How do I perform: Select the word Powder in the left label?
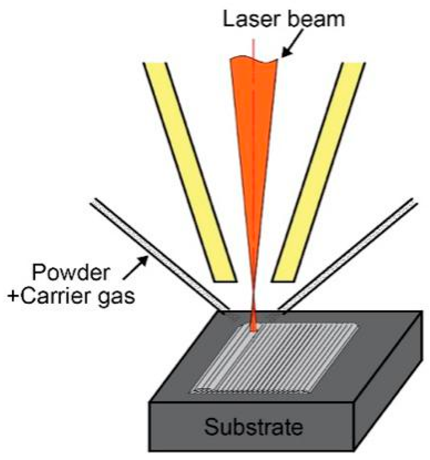[x=71, y=274]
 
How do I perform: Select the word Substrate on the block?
[x=253, y=427]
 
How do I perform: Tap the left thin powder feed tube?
[x=159, y=254]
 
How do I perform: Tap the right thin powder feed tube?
[x=349, y=254]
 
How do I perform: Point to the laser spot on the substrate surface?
[x=253, y=328]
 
